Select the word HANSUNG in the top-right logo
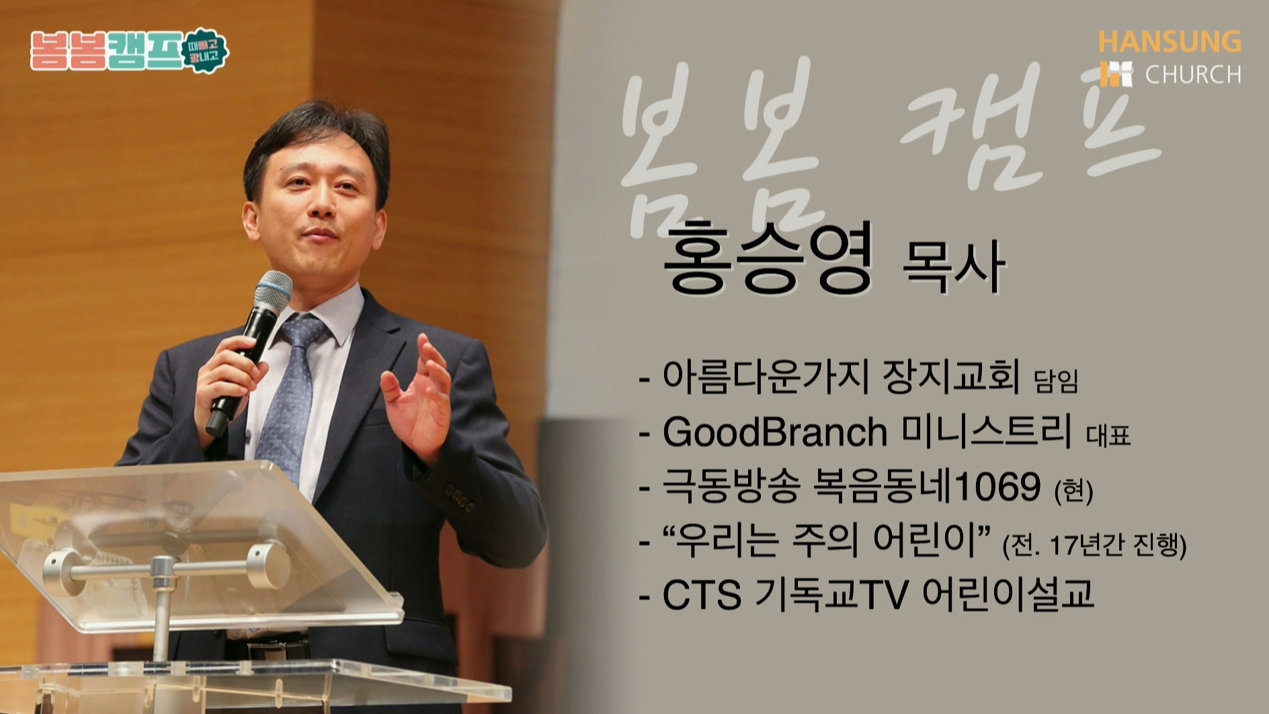click(1170, 42)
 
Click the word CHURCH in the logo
click(1193, 74)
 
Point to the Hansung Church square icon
click(1116, 74)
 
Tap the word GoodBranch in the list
click(775, 432)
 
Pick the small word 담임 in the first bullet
click(1055, 382)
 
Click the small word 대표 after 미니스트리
click(1108, 436)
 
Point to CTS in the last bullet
click(702, 595)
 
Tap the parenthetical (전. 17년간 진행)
click(1094, 545)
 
